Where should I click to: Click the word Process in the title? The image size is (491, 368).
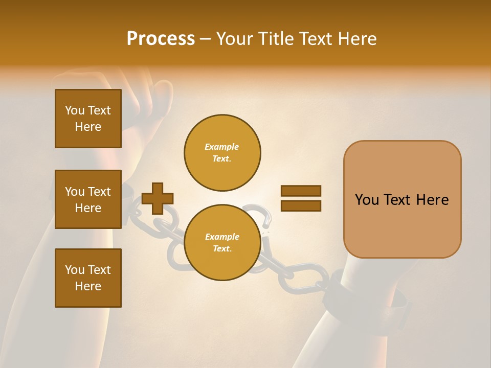pyautogui.click(x=161, y=39)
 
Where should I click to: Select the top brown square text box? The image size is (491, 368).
pyautogui.click(x=88, y=119)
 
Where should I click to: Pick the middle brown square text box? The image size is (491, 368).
pyautogui.click(x=88, y=199)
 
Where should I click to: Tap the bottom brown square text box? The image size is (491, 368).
pyautogui.click(x=88, y=278)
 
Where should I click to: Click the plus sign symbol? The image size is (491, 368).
pyautogui.click(x=158, y=198)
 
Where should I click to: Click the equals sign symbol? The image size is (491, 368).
pyautogui.click(x=301, y=198)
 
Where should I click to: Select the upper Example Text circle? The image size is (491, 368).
pyautogui.click(x=222, y=152)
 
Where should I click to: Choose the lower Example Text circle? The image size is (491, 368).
pyautogui.click(x=222, y=242)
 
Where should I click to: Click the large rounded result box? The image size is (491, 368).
pyautogui.click(x=402, y=199)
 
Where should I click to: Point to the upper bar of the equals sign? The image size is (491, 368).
pyautogui.click(x=301, y=191)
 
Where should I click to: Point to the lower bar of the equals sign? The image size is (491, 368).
pyautogui.click(x=301, y=205)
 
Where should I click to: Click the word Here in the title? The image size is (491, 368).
pyautogui.click(x=356, y=39)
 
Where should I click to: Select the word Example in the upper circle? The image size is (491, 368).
pyautogui.click(x=221, y=147)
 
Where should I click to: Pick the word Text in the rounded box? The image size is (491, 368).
pyautogui.click(x=397, y=200)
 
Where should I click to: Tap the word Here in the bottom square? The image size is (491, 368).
pyautogui.click(x=88, y=286)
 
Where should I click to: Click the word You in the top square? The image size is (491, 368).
pyautogui.click(x=74, y=110)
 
